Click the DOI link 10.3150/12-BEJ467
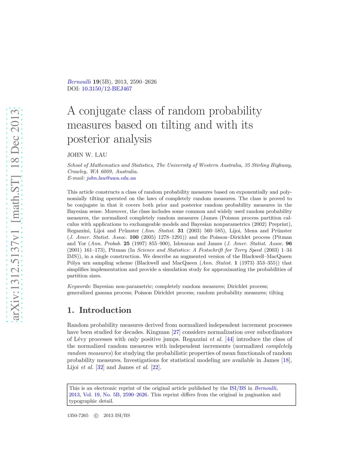pyautogui.click(x=107, y=89)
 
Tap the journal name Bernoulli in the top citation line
pyautogui.click(x=79, y=82)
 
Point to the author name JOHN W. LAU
pyautogui.click(x=87, y=155)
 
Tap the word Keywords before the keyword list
pyautogui.click(x=79, y=286)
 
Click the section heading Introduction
pyautogui.click(x=105, y=310)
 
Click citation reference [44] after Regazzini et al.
pyautogui.click(x=230, y=339)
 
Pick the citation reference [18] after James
pyautogui.click(x=286, y=360)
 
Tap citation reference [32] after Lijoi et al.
pyautogui.click(x=100, y=367)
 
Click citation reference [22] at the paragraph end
pyautogui.click(x=155, y=367)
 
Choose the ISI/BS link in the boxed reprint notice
pyautogui.click(x=238, y=388)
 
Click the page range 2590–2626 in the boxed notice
pyautogui.click(x=135, y=395)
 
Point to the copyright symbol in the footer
pyautogui.click(x=96, y=416)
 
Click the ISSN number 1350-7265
pyautogui.click(x=78, y=415)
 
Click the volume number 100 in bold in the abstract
pyautogui.click(x=134, y=237)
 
